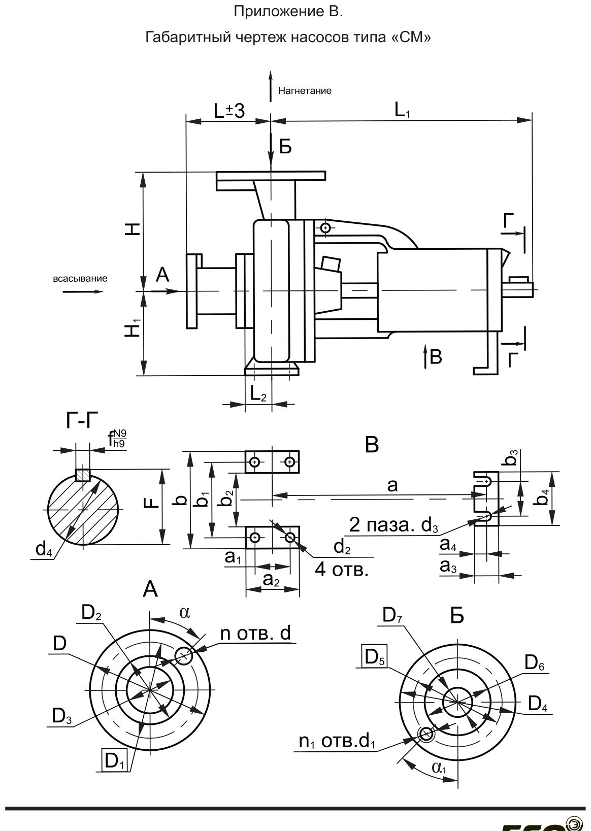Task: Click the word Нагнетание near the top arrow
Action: (x=305, y=91)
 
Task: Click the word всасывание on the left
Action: (x=80, y=279)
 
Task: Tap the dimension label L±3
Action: (x=229, y=111)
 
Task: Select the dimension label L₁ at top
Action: (x=402, y=110)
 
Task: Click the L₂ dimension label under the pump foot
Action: (x=258, y=393)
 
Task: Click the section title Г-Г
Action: (x=83, y=420)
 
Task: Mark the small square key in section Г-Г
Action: (x=83, y=475)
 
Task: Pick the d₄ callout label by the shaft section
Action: (x=43, y=549)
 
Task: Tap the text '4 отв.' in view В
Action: (x=342, y=570)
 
